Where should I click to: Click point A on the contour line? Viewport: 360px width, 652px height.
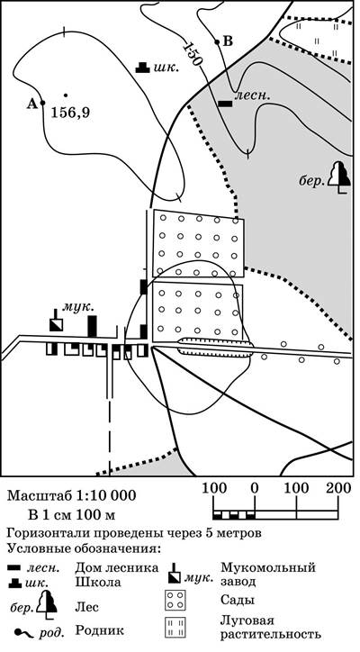point(42,103)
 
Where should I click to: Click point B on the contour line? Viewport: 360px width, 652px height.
point(217,41)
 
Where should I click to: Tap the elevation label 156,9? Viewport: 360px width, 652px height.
point(70,113)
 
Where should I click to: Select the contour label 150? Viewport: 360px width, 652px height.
point(192,53)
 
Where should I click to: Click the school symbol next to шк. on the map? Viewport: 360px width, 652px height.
point(142,68)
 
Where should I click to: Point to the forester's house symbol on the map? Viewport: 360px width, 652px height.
point(226,104)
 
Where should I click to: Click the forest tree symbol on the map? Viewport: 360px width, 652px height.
point(339,177)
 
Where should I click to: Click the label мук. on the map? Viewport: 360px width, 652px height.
point(78,308)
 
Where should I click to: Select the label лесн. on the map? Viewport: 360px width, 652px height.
point(253,96)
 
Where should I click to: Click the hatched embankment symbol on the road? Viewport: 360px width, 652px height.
point(215,348)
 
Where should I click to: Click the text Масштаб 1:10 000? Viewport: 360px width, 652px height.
point(71,496)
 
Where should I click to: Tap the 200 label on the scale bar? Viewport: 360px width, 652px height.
point(339,488)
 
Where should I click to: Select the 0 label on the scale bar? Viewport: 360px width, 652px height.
point(255,488)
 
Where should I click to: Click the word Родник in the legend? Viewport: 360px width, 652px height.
point(99,630)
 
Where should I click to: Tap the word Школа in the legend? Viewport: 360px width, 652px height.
point(98,582)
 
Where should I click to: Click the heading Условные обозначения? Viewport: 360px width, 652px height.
point(83,548)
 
